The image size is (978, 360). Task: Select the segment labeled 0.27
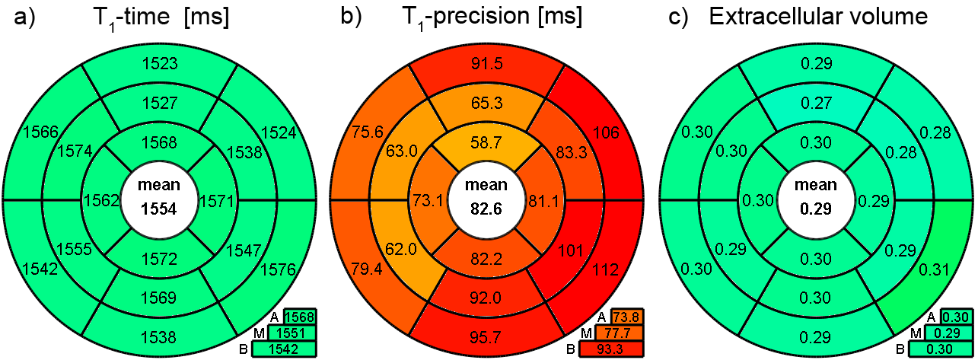click(814, 99)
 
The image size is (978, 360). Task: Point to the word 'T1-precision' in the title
click(456, 18)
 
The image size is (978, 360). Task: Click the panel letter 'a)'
click(24, 18)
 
